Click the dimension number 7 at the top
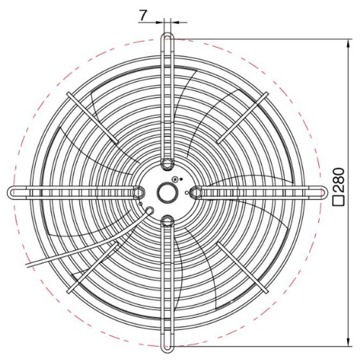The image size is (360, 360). (142, 15)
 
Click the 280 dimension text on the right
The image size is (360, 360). (339, 180)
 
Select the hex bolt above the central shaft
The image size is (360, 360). (167, 164)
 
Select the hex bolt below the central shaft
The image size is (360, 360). (167, 221)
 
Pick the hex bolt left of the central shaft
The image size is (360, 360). (139, 192)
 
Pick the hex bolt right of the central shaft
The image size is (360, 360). (196, 192)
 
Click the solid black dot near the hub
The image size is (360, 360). (181, 179)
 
